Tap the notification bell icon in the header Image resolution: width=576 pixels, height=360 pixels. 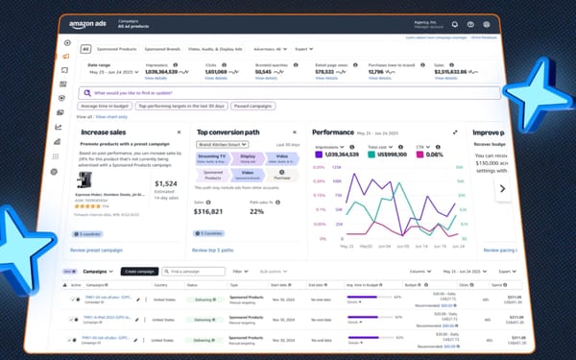pos(470,24)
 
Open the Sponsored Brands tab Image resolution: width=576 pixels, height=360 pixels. pos(162,48)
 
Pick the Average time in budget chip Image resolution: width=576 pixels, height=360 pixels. pos(106,107)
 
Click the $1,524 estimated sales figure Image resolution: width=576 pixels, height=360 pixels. pos(164,183)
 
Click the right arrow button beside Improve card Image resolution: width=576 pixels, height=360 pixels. pos(500,189)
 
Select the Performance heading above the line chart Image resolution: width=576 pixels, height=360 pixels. pos(332,132)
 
